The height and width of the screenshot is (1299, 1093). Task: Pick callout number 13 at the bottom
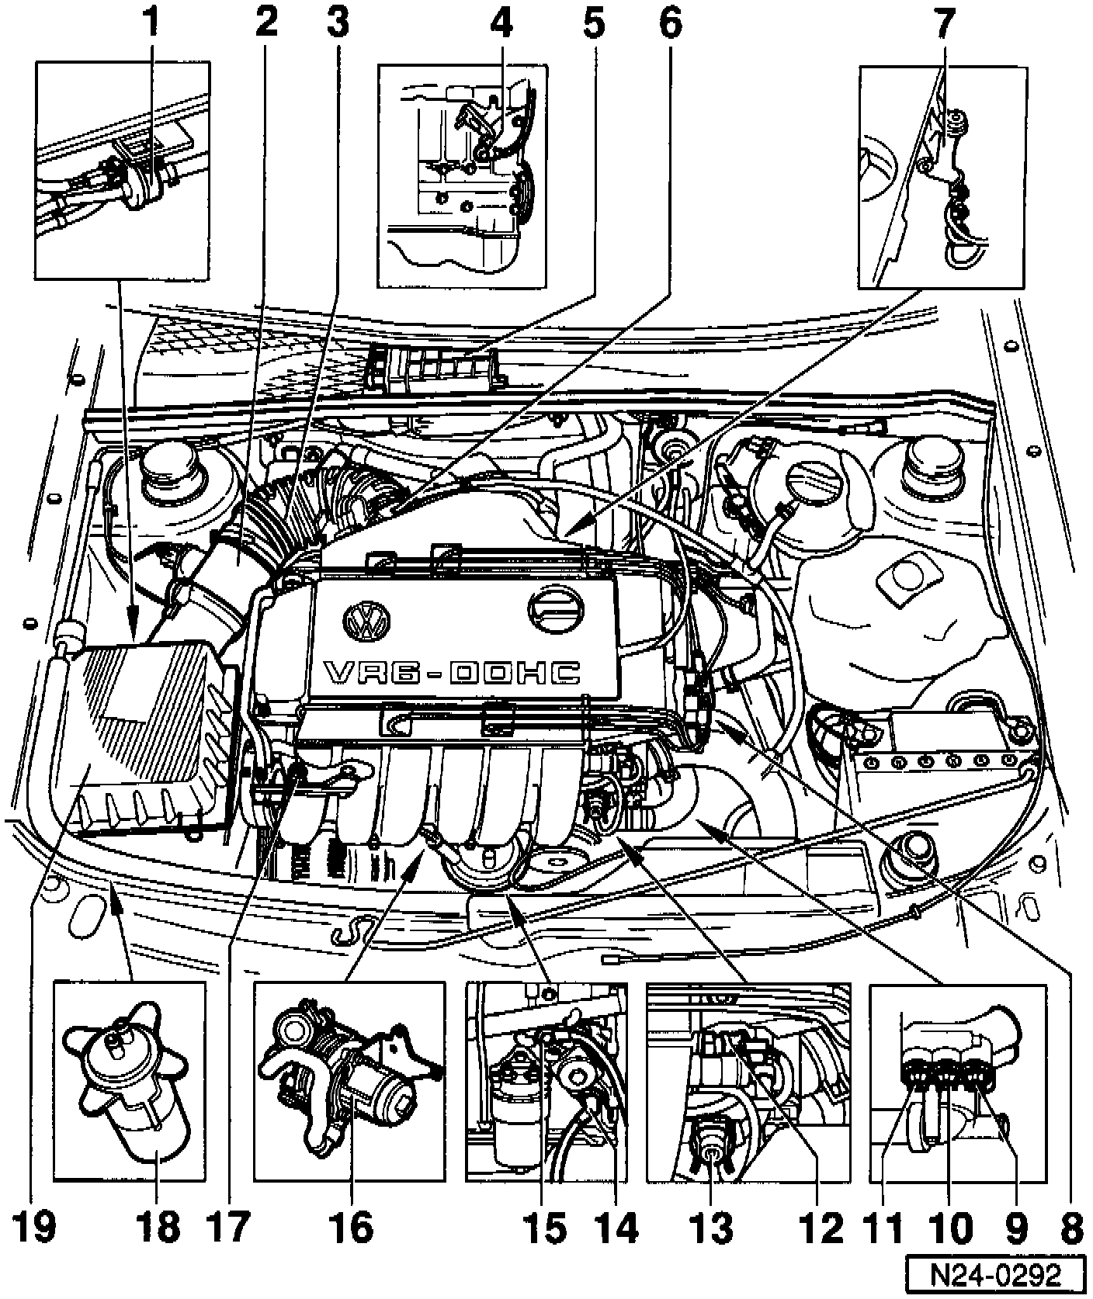coord(713,1227)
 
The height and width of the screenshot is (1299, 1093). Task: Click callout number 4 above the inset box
coord(501,25)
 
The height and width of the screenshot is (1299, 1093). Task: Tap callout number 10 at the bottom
coord(952,1227)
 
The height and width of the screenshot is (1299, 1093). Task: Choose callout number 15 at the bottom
coord(548,1227)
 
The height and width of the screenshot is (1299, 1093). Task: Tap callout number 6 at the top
coord(669,25)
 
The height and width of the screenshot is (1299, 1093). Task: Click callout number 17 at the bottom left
coord(228,1227)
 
